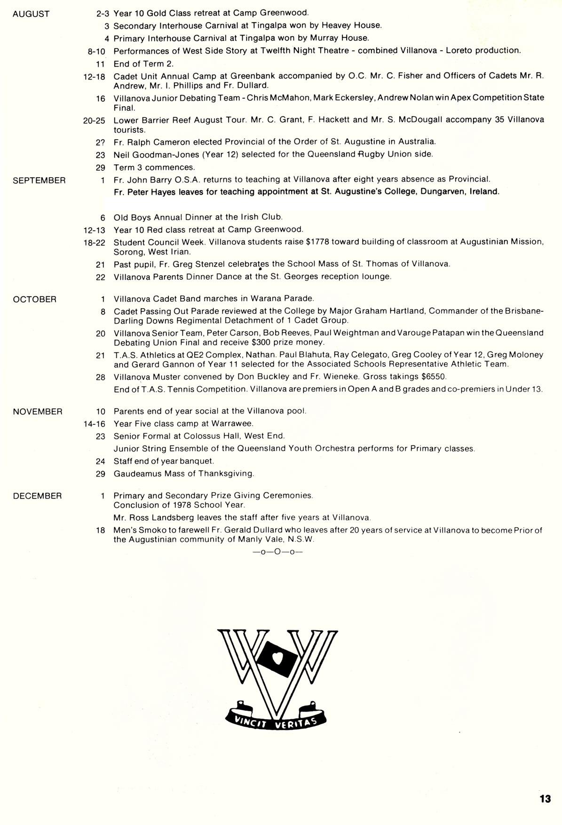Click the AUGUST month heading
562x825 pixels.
point(31,14)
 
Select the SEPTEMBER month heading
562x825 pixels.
point(39,181)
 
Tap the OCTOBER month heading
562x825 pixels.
point(35,300)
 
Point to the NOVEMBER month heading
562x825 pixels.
point(38,412)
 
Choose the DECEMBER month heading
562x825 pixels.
point(37,496)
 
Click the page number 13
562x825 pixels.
point(545,799)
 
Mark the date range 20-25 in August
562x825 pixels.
point(94,120)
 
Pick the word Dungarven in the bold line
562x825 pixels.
point(441,192)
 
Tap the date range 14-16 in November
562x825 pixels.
point(94,424)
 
